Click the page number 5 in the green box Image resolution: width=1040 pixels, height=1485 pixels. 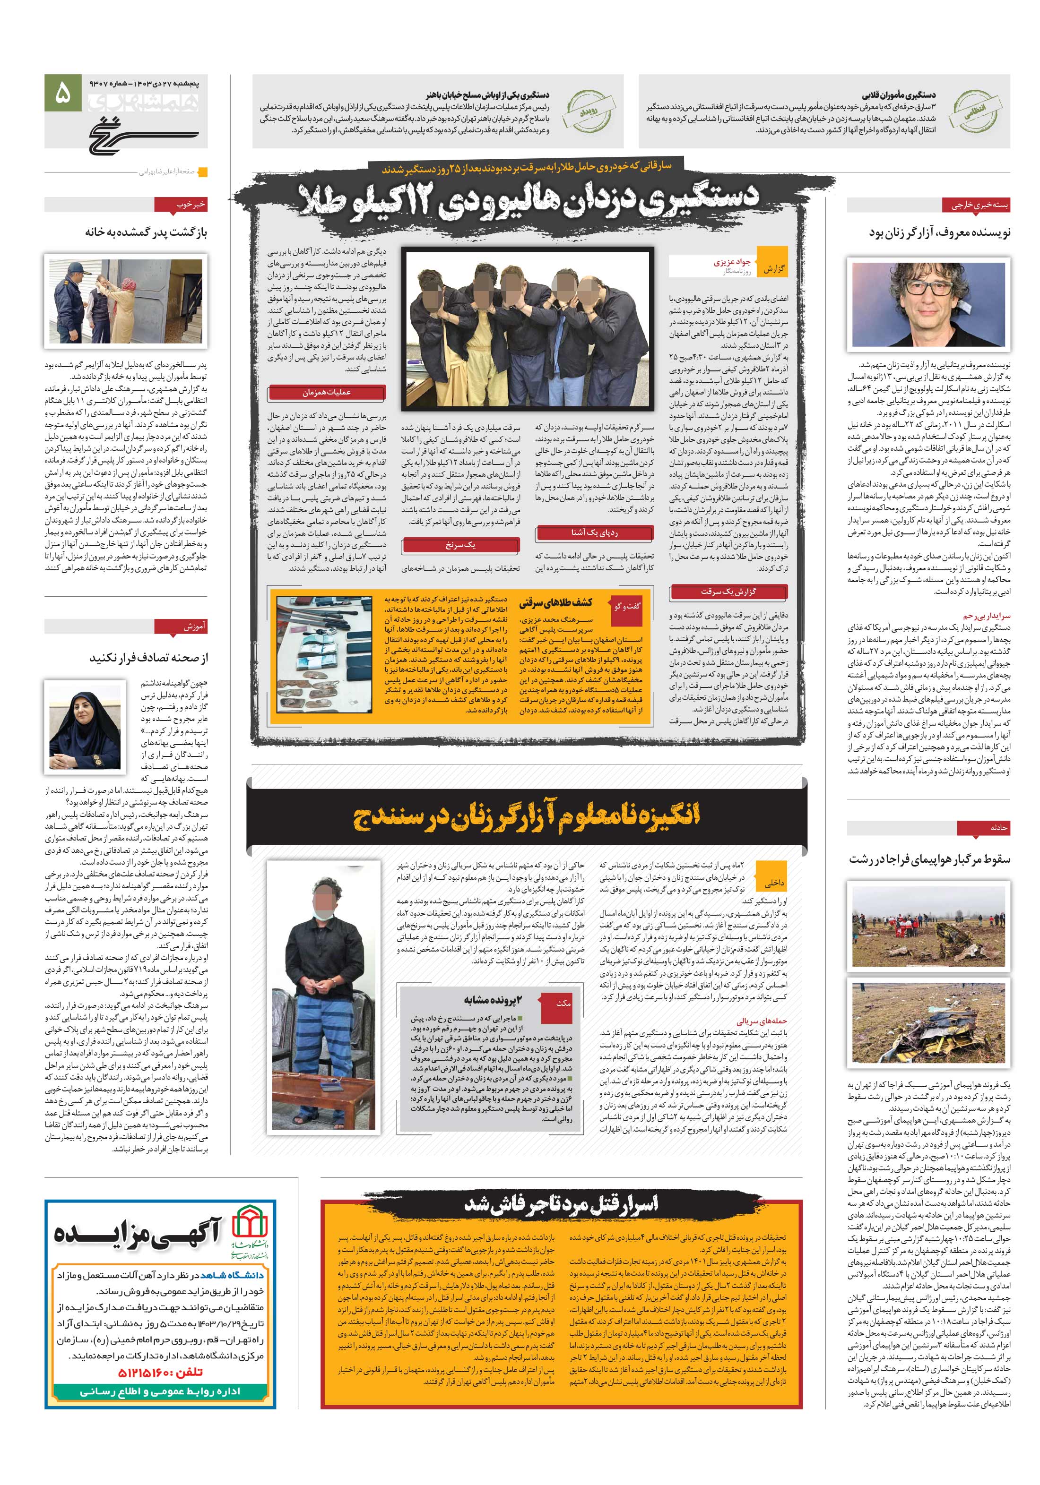[x=63, y=95]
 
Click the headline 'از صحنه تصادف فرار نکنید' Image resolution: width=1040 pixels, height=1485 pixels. [x=148, y=658]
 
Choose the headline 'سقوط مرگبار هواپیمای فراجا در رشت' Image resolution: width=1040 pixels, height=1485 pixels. [x=929, y=859]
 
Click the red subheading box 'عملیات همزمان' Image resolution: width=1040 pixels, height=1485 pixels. [x=326, y=393]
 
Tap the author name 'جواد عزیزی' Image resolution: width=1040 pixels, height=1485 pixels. [x=731, y=263]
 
